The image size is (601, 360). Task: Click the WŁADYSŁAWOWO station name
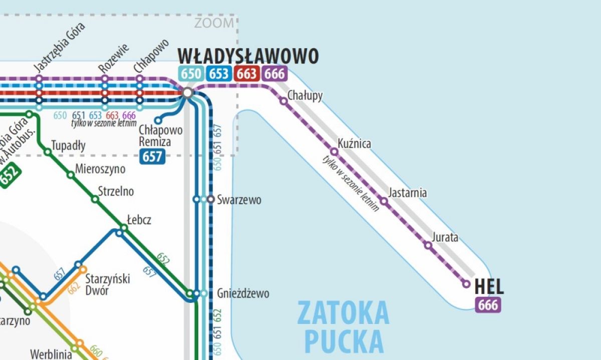tap(248, 56)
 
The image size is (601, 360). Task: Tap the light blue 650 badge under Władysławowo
tap(191, 74)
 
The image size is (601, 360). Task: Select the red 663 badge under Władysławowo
tap(246, 74)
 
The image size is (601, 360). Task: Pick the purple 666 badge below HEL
tap(488, 304)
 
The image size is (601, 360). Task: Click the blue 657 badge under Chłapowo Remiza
tap(152, 157)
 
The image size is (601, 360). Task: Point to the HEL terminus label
tap(489, 287)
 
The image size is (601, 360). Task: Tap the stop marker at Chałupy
tap(283, 101)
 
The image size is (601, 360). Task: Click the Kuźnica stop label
tap(354, 144)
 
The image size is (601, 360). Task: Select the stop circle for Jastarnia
tap(384, 201)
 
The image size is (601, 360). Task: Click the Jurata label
tap(445, 237)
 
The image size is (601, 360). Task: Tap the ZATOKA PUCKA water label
tap(343, 327)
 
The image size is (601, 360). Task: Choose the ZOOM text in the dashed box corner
tap(214, 23)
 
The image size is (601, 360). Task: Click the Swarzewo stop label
tap(239, 200)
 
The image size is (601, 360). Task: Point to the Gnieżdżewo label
tap(243, 293)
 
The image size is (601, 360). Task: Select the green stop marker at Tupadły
tap(48, 151)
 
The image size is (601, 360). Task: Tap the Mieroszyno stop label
tap(100, 169)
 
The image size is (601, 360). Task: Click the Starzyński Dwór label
tap(107, 284)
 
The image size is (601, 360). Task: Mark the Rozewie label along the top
tap(114, 58)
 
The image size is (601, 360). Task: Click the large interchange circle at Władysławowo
tap(187, 93)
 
